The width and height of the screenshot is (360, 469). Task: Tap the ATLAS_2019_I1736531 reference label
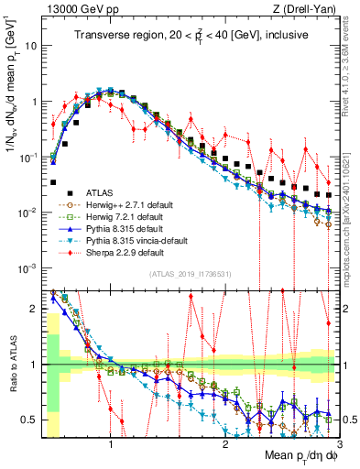click(189, 274)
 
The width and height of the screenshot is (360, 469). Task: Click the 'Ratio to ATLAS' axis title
click(10, 365)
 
